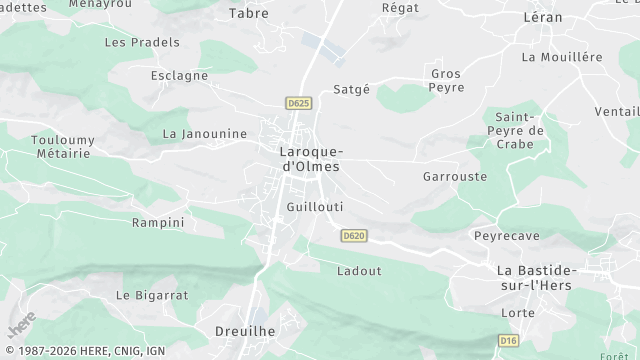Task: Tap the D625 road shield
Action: click(x=298, y=103)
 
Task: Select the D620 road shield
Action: click(x=352, y=236)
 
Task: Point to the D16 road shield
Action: click(x=509, y=341)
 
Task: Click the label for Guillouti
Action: click(x=314, y=206)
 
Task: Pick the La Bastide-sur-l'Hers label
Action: click(x=537, y=279)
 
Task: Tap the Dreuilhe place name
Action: click(x=244, y=329)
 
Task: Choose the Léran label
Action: click(x=543, y=17)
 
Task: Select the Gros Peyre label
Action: click(x=446, y=81)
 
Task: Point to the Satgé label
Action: click(x=351, y=88)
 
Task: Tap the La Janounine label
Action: click(x=204, y=133)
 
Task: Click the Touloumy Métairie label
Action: click(x=61, y=146)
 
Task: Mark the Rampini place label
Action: click(x=158, y=222)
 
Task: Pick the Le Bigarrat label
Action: click(x=152, y=295)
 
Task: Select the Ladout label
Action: click(x=359, y=270)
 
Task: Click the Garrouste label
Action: click(x=455, y=176)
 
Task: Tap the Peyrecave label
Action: click(x=505, y=235)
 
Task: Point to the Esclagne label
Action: click(x=179, y=75)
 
